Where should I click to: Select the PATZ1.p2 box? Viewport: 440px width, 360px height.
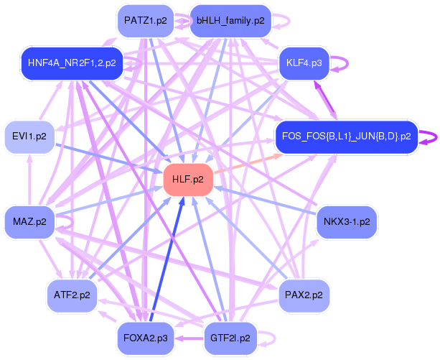click(x=145, y=20)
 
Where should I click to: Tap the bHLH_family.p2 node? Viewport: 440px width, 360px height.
click(x=230, y=20)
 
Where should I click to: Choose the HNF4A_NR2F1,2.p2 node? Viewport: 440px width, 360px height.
click(x=72, y=63)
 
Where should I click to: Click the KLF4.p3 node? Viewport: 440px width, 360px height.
click(x=304, y=63)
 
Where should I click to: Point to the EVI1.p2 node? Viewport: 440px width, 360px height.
click(x=29, y=136)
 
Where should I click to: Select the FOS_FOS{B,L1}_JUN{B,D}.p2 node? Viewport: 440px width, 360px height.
click(x=346, y=136)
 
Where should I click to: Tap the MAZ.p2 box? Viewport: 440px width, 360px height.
click(x=29, y=221)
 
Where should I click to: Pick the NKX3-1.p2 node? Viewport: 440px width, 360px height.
click(x=347, y=221)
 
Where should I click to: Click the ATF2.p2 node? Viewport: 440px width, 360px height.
click(x=72, y=295)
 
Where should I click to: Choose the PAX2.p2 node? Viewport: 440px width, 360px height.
click(x=304, y=295)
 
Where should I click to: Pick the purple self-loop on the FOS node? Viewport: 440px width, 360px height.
click(x=429, y=136)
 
